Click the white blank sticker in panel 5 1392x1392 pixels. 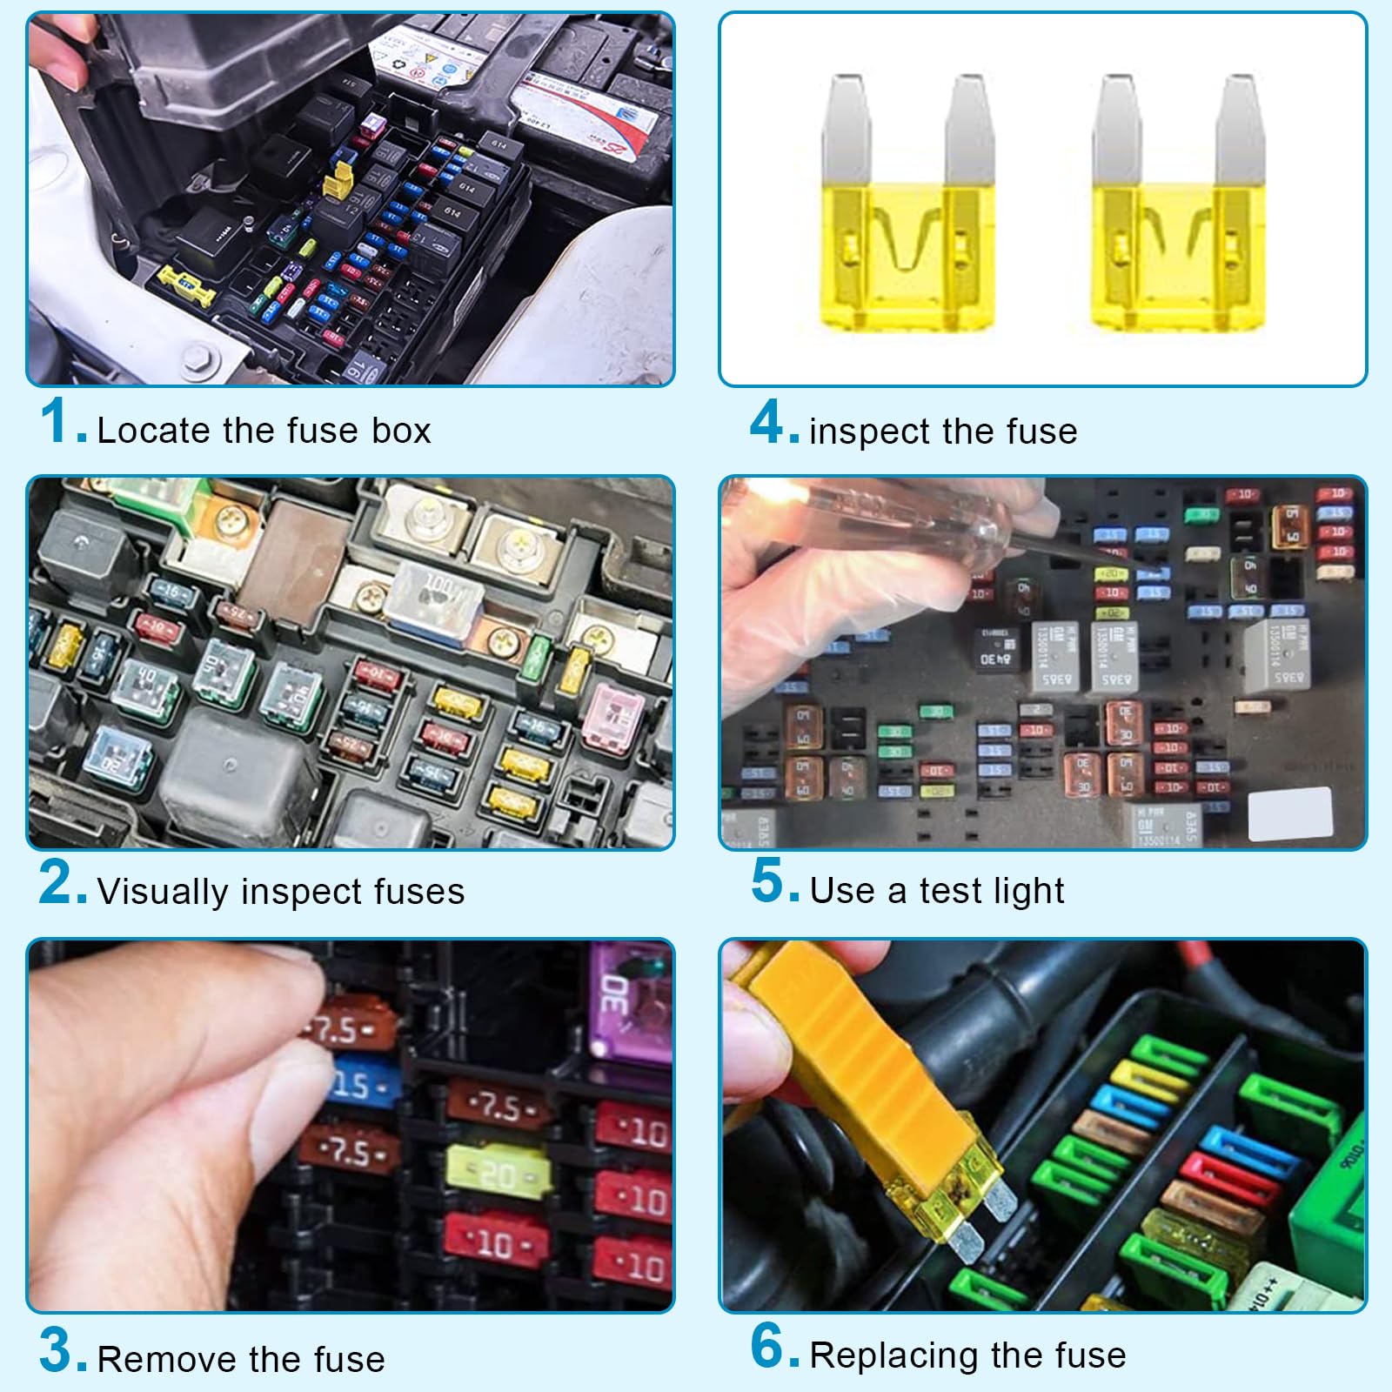coord(1289,814)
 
